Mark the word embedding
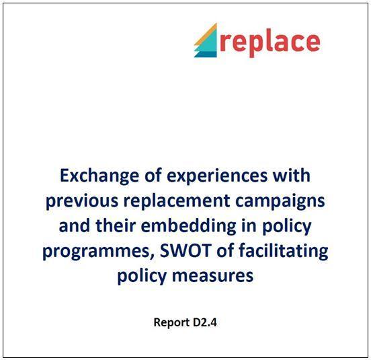(x=189, y=227)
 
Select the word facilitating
(x=284, y=252)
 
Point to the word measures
(x=212, y=276)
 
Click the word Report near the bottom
(x=172, y=323)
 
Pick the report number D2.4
(x=205, y=322)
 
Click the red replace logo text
(x=270, y=42)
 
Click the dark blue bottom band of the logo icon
(x=206, y=55)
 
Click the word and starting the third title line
(x=75, y=226)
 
